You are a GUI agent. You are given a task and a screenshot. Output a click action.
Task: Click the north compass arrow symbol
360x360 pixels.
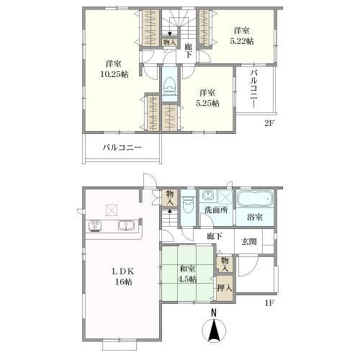click(x=214, y=329)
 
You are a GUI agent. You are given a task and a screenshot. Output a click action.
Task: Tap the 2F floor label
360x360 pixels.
click(x=269, y=123)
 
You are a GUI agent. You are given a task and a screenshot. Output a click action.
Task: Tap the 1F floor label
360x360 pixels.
click(x=269, y=303)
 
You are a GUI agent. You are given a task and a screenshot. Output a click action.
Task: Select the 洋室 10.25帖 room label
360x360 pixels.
click(x=114, y=69)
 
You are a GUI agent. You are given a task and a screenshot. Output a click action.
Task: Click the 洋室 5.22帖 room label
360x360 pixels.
click(x=242, y=36)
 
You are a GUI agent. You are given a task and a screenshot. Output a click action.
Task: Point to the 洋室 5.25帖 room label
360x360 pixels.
click(x=207, y=98)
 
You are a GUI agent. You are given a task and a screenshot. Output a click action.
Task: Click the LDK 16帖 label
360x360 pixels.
click(x=123, y=276)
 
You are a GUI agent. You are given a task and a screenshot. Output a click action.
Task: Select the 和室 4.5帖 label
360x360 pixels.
click(x=187, y=274)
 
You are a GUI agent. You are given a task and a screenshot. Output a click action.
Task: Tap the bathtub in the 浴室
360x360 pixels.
click(x=255, y=199)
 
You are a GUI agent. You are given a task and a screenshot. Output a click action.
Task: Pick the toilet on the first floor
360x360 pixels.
click(x=188, y=204)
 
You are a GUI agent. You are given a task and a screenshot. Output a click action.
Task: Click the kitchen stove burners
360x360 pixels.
click(x=96, y=226)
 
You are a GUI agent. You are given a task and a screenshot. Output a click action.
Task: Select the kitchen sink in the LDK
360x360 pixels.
click(x=125, y=225)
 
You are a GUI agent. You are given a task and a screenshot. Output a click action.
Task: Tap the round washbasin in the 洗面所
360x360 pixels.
click(x=207, y=195)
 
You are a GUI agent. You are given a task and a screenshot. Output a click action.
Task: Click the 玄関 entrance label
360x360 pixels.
click(x=249, y=241)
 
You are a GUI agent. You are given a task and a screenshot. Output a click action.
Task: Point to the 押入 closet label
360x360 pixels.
click(x=225, y=288)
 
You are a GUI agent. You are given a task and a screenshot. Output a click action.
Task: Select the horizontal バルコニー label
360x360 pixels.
click(x=122, y=148)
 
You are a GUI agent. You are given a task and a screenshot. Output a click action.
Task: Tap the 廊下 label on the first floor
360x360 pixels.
click(x=214, y=237)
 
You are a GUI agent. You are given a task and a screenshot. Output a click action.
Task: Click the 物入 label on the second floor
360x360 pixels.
click(x=170, y=42)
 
